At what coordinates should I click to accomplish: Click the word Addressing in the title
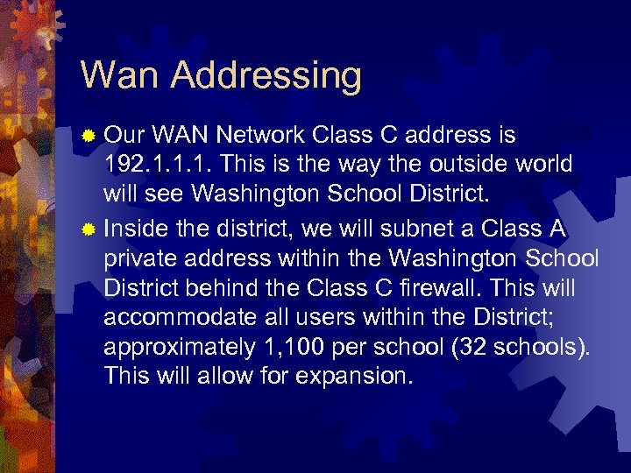pyautogui.click(x=266, y=77)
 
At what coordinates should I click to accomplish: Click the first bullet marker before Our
pyautogui.click(x=88, y=136)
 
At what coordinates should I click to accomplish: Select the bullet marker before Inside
pyautogui.click(x=88, y=229)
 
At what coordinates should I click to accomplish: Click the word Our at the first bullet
pyautogui.click(x=124, y=136)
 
